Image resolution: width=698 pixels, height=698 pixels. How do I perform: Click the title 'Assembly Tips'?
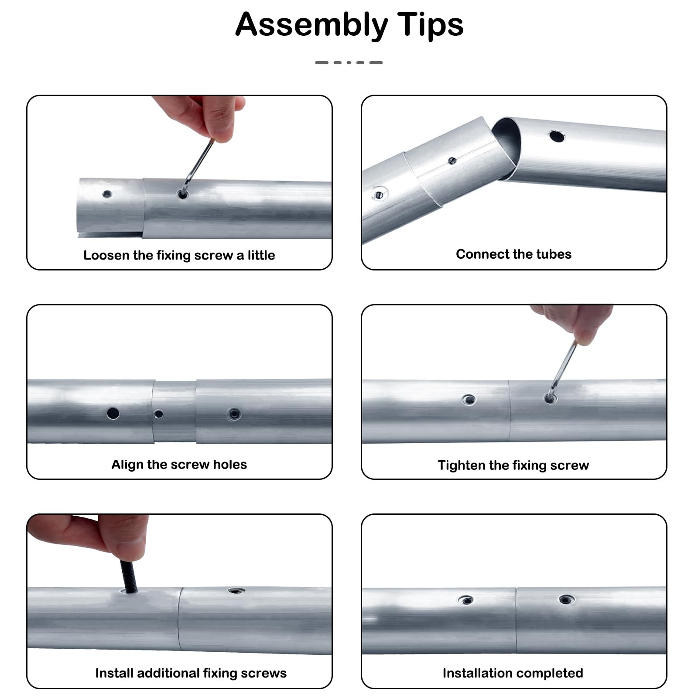pyautogui.click(x=349, y=25)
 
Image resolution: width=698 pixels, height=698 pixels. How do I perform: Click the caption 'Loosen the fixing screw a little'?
pyautogui.click(x=179, y=255)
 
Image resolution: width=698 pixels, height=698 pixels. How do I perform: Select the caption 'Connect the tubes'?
pyautogui.click(x=513, y=254)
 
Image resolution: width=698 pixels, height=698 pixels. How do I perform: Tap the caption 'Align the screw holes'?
pyautogui.click(x=179, y=465)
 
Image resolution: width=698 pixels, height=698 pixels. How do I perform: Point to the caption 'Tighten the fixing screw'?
pyautogui.click(x=513, y=465)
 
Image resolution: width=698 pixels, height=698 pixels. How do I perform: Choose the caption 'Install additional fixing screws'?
pyautogui.click(x=191, y=673)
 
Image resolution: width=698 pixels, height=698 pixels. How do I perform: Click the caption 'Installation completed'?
pyautogui.click(x=513, y=673)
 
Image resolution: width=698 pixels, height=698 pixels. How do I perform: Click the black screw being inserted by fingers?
pyautogui.click(x=129, y=576)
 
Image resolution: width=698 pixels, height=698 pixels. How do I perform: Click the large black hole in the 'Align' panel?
pyautogui.click(x=113, y=413)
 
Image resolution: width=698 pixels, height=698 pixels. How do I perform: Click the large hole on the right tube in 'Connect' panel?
pyautogui.click(x=557, y=136)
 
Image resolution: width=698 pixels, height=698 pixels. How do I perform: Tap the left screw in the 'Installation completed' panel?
pyautogui.click(x=466, y=600)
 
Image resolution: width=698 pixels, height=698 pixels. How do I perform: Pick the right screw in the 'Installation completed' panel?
pyautogui.click(x=566, y=600)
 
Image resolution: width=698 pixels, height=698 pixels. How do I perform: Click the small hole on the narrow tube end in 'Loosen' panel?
pyautogui.click(x=107, y=194)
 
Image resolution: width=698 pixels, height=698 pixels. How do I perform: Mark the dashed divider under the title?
pyautogui.click(x=349, y=63)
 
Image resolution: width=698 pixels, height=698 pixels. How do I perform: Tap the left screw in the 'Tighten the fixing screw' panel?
pyautogui.click(x=469, y=399)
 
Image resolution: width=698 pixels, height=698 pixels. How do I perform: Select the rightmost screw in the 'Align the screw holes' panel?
pyautogui.click(x=234, y=414)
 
